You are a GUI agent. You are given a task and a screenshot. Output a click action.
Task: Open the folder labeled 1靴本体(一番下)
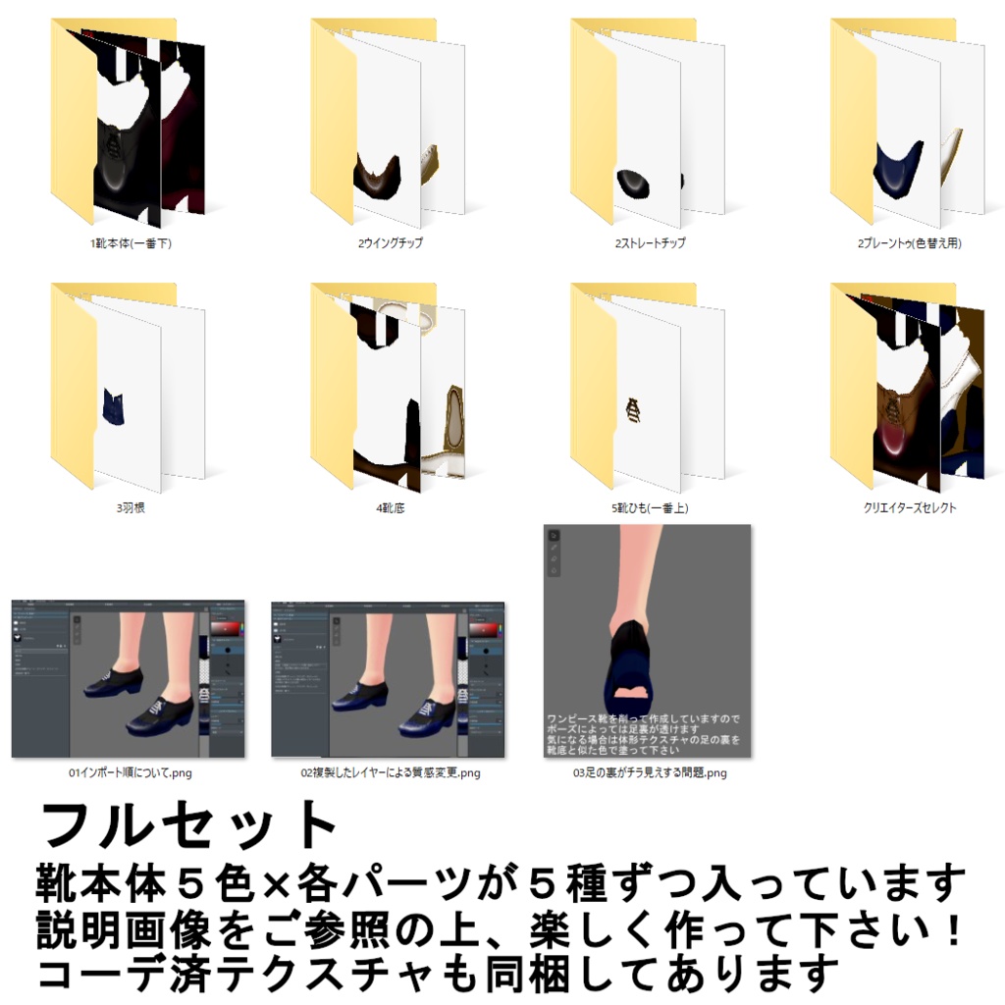[128, 123]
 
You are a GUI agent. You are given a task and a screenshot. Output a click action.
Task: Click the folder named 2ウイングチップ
[388, 123]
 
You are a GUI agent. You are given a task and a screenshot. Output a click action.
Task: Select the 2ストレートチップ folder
[647, 123]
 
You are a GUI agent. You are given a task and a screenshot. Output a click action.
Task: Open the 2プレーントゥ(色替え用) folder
[907, 123]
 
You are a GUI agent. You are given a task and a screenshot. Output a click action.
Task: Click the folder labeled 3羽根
[128, 388]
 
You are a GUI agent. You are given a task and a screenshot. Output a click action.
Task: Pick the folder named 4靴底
[388, 388]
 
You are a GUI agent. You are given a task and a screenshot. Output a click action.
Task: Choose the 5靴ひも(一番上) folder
[647, 388]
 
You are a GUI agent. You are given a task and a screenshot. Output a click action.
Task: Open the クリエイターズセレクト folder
[907, 388]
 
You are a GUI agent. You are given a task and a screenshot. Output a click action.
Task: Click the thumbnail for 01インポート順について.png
[129, 678]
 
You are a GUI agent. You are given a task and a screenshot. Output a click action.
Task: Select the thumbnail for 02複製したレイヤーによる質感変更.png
[388, 678]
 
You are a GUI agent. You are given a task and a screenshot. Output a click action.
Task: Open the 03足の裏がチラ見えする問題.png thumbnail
[648, 640]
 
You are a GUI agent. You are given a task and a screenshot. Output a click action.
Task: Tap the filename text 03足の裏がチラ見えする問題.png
[650, 773]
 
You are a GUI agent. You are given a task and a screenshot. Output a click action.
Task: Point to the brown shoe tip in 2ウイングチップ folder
[378, 176]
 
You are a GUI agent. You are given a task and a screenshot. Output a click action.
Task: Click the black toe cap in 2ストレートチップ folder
[635, 182]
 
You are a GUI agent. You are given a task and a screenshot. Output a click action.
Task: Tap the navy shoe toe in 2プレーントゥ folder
[898, 164]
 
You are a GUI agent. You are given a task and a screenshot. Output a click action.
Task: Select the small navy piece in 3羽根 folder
[114, 407]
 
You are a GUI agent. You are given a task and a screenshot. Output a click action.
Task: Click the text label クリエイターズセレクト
[909, 508]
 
